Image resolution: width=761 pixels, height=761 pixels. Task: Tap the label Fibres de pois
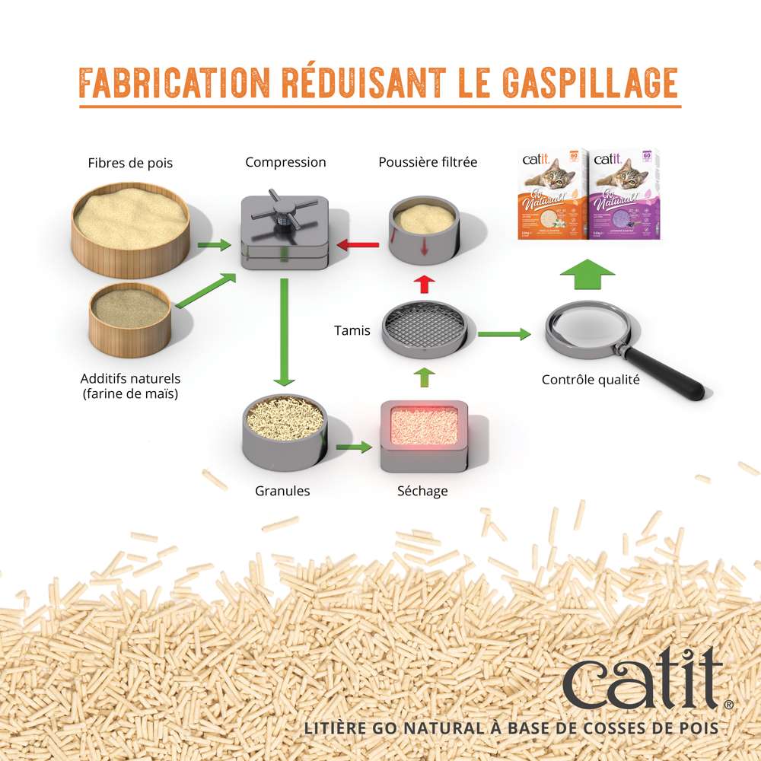[x=130, y=163]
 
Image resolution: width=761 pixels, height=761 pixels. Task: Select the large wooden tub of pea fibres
[x=131, y=224]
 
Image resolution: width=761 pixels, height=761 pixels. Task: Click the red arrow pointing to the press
[x=358, y=245]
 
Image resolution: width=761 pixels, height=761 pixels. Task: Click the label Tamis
[x=352, y=331]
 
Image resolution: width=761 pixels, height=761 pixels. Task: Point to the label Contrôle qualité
[x=591, y=379]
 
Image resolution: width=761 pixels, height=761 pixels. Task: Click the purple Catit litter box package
[x=626, y=195]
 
